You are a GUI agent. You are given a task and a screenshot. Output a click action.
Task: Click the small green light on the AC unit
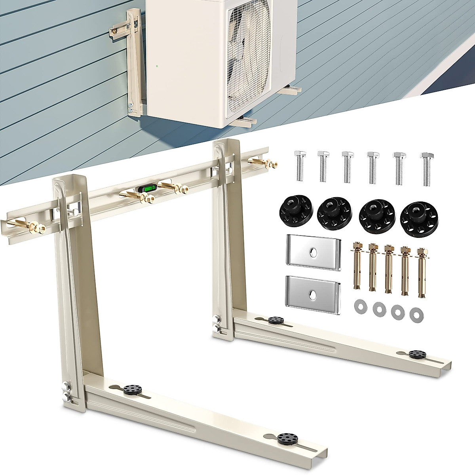(x=157, y=65)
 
